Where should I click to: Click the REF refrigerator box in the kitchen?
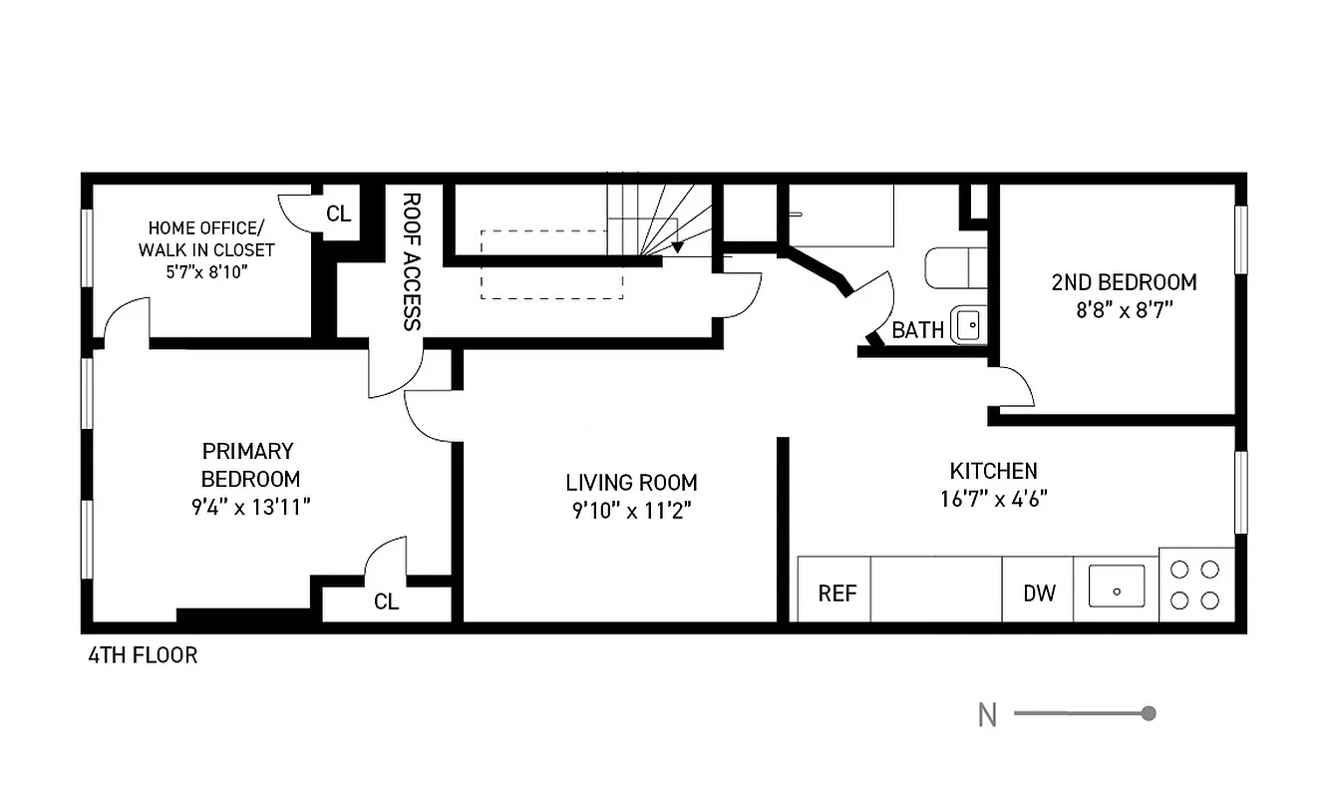[x=837, y=593]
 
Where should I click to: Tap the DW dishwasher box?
[x=1039, y=593]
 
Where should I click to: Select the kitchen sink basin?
[x=1116, y=586]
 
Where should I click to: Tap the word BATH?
[x=917, y=330]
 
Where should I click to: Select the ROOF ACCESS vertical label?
[x=412, y=261]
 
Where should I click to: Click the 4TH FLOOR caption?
[x=143, y=655]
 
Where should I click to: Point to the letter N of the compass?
[x=987, y=714]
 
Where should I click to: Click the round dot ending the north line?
[x=1149, y=713]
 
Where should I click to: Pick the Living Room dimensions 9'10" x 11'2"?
[x=631, y=511]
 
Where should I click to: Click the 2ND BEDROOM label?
[x=1124, y=282]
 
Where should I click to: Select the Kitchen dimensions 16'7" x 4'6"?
[x=993, y=498]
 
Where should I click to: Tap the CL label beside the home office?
[x=339, y=213]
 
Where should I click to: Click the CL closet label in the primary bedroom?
[x=386, y=602]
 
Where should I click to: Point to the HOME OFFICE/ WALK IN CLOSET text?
[x=206, y=238]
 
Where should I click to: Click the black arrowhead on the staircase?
[x=678, y=246]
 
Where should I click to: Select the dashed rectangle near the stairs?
[x=551, y=264]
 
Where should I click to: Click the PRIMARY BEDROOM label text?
[x=249, y=464]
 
